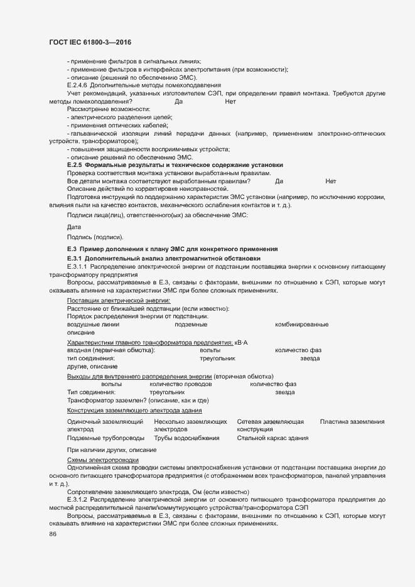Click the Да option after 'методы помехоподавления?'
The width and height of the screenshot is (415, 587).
(x=178, y=101)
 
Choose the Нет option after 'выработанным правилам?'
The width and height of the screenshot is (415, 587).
(x=331, y=181)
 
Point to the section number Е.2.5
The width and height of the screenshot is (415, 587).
(x=75, y=165)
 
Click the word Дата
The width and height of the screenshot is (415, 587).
(x=74, y=227)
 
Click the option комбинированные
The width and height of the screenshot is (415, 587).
(x=301, y=325)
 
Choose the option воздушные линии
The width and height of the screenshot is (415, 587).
(x=93, y=325)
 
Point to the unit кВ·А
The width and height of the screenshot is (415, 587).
(x=240, y=342)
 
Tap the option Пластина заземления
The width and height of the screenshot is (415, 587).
(x=352, y=422)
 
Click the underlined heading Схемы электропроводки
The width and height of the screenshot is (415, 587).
(x=94, y=460)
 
